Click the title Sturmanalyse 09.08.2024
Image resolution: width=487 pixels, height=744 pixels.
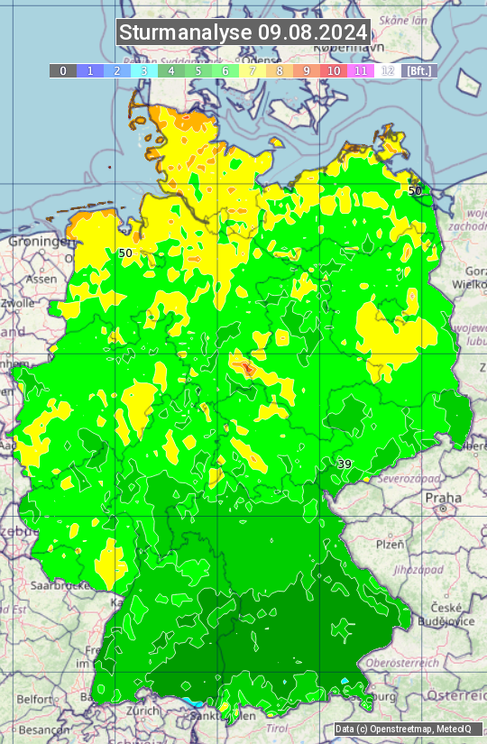point(243,33)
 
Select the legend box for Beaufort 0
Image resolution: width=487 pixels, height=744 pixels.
point(63,70)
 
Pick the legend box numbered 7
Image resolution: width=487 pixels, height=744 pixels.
point(253,70)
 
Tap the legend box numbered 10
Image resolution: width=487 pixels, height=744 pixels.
point(334,70)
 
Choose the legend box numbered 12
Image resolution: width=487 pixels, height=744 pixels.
point(388,70)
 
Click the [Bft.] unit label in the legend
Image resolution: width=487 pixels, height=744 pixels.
point(418,70)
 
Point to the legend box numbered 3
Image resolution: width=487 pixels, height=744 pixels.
point(144,70)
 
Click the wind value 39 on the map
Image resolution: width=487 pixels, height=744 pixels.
point(345,464)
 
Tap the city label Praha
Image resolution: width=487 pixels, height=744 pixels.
point(443,497)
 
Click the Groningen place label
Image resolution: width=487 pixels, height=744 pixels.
point(40,242)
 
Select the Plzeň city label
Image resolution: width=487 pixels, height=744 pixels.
point(390,544)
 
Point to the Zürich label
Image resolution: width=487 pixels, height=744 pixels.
point(143,710)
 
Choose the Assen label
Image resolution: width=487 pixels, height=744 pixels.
point(41,280)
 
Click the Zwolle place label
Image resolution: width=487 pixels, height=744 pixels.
point(18,303)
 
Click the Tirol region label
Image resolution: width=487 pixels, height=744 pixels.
point(275,728)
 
